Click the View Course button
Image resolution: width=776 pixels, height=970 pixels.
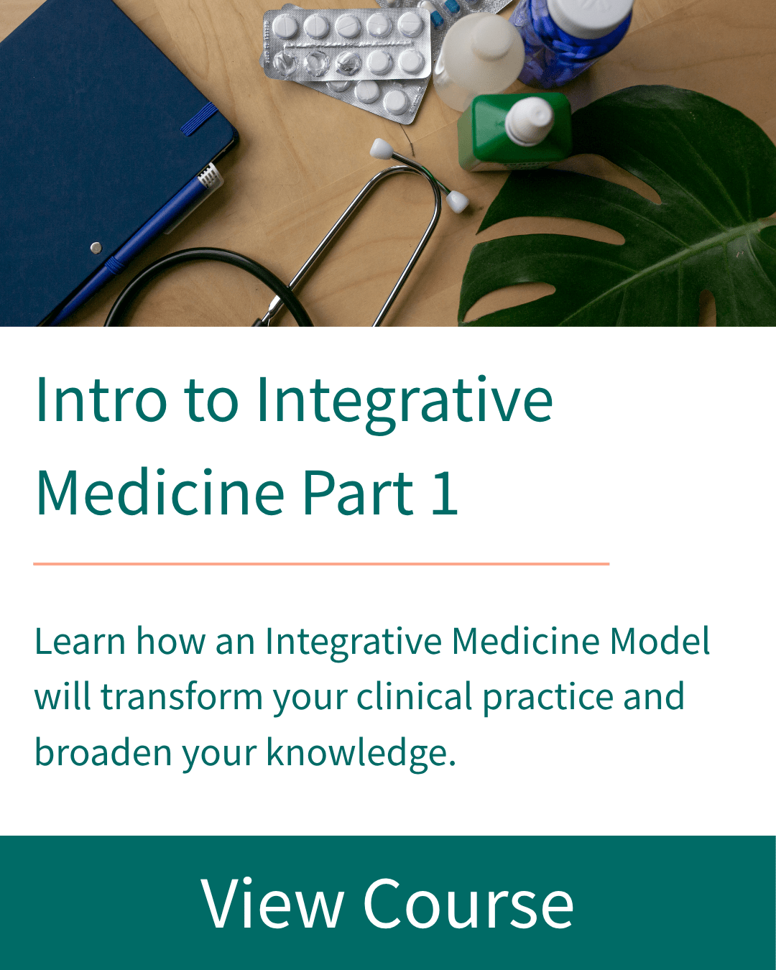coord(388,902)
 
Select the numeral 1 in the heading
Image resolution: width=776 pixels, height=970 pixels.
coord(445,493)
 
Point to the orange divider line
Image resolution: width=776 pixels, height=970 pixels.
coord(321,563)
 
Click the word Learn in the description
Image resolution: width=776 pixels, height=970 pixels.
coord(80,640)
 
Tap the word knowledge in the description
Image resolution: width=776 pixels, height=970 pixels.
coord(361,753)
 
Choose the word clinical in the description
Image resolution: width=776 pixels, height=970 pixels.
coord(414,696)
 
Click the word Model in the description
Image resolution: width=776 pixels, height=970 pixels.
coord(660,640)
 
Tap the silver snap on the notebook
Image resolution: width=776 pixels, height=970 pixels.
coord(96,247)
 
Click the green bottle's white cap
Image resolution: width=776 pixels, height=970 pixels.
coord(530,121)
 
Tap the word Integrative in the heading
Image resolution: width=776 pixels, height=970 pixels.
coord(405,403)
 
